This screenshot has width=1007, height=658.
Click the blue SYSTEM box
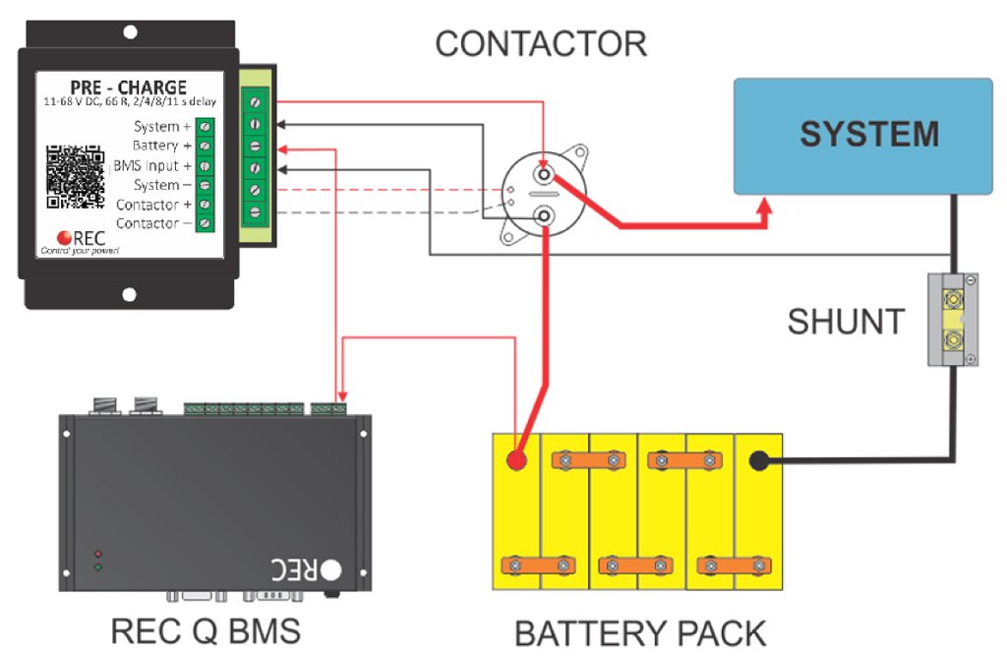863,136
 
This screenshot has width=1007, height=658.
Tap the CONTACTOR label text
541,43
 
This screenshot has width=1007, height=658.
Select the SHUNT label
846,321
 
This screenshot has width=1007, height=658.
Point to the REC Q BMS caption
206,630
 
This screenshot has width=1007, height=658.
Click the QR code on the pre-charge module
76,177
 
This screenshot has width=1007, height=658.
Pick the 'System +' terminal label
156,127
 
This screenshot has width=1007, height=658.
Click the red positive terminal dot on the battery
515,460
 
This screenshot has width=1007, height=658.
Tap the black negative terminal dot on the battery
759,460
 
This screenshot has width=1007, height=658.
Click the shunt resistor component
952,320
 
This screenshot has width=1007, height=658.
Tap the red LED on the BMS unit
96,553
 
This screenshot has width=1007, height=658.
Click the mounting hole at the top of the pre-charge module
129,44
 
